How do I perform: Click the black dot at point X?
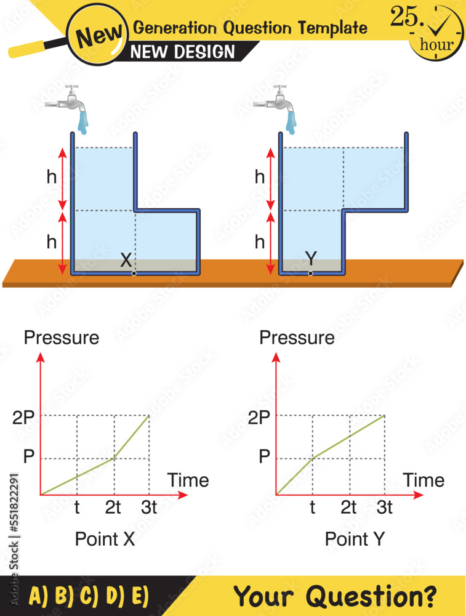tap(134, 274)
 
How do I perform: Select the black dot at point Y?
tap(310, 274)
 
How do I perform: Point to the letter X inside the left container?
tap(126, 260)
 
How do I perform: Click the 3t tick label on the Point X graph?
tap(148, 508)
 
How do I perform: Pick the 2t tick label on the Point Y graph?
tap(348, 508)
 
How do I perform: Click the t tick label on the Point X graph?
tap(76, 508)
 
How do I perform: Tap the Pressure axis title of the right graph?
tap(297, 338)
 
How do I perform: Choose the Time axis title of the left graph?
tap(188, 480)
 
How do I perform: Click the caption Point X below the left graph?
tap(105, 539)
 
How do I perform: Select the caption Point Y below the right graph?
tap(355, 539)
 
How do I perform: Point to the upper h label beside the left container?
tap(52, 177)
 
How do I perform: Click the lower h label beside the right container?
tap(260, 243)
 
